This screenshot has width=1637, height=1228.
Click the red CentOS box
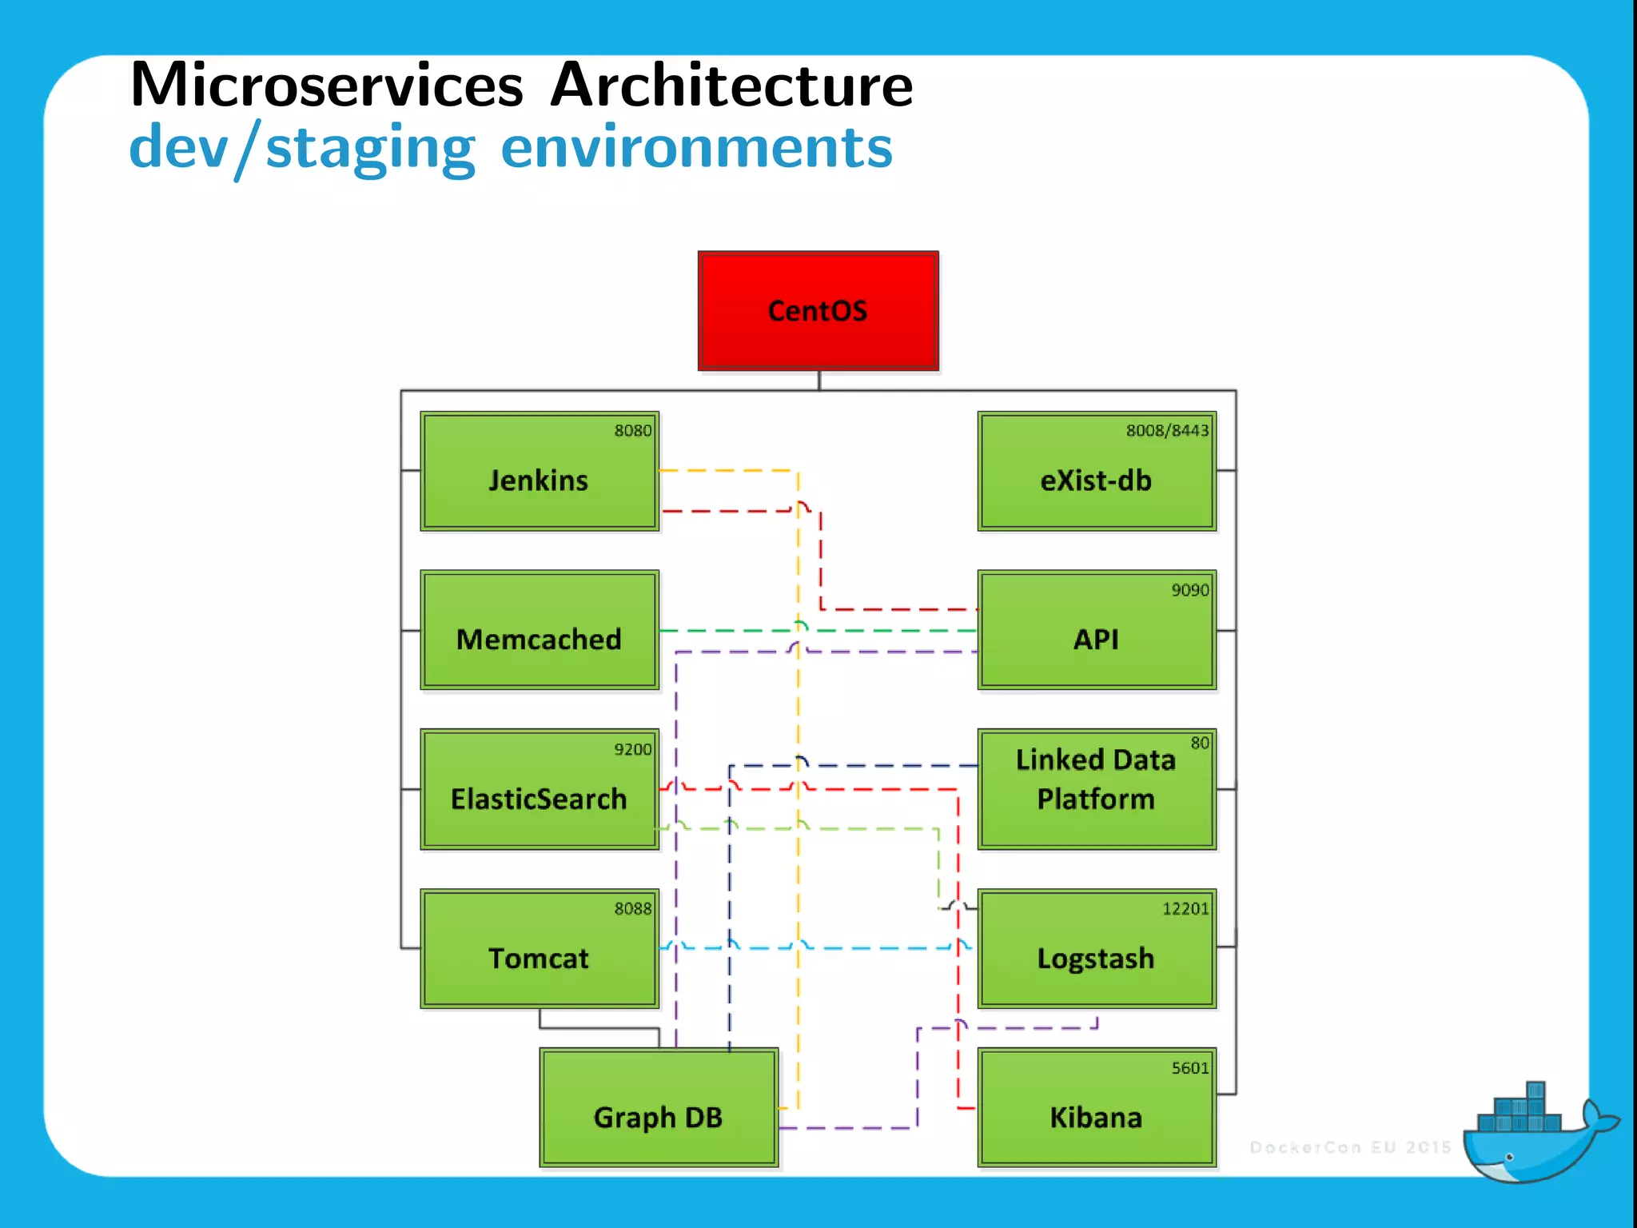818,311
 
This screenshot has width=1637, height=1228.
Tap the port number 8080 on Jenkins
632,431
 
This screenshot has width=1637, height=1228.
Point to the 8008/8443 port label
1167,431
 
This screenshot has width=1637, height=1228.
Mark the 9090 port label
1189,591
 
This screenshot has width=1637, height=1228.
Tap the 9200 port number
632,750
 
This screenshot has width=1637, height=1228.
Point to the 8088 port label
632,909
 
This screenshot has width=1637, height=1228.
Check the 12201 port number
1185,909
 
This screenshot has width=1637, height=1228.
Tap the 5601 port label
1189,1068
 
